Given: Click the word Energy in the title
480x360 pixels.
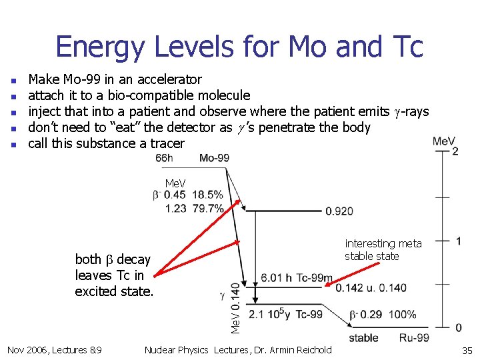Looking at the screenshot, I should (98, 47).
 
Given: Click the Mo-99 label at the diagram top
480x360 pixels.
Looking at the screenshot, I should (214, 158).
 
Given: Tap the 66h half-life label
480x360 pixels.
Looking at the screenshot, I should (164, 158).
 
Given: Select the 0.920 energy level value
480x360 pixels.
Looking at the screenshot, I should (339, 211).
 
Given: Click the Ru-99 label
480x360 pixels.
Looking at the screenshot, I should (414, 338).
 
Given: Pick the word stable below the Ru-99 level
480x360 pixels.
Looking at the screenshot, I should (363, 338).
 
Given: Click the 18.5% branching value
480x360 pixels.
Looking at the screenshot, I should (207, 195).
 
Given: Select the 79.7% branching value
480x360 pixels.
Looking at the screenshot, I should (207, 208).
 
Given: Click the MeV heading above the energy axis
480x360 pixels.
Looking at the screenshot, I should (444, 141).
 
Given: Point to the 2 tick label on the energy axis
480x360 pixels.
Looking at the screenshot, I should (455, 151).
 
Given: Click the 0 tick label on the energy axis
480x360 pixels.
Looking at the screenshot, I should (458, 327).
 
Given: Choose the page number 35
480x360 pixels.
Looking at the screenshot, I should (466, 351).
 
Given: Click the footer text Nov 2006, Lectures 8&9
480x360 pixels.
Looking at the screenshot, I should (54, 350).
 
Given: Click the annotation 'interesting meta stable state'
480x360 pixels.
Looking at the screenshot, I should (383, 250).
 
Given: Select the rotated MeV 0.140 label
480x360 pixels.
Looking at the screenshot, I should (235, 307).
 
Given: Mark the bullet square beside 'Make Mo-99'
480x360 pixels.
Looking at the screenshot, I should (15, 81).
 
